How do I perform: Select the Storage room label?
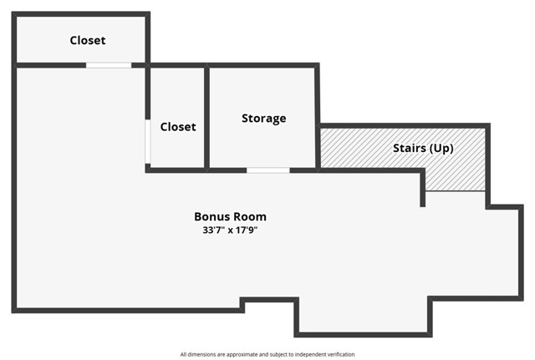pyautogui.click(x=263, y=119)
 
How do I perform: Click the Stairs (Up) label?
pyautogui.click(x=423, y=149)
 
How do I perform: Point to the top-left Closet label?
pyautogui.click(x=88, y=40)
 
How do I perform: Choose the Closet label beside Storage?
pyautogui.click(x=177, y=127)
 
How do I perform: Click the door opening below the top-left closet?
pyautogui.click(x=109, y=65)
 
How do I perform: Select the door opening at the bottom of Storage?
pyautogui.click(x=267, y=170)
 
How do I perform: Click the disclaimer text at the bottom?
pyautogui.click(x=267, y=354)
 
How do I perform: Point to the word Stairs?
pyautogui.click(x=410, y=149)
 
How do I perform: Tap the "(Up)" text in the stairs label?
pyautogui.click(x=441, y=149)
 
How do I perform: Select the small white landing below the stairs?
pyautogui.click(x=455, y=199)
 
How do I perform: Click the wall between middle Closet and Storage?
pyautogui.click(x=206, y=117)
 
